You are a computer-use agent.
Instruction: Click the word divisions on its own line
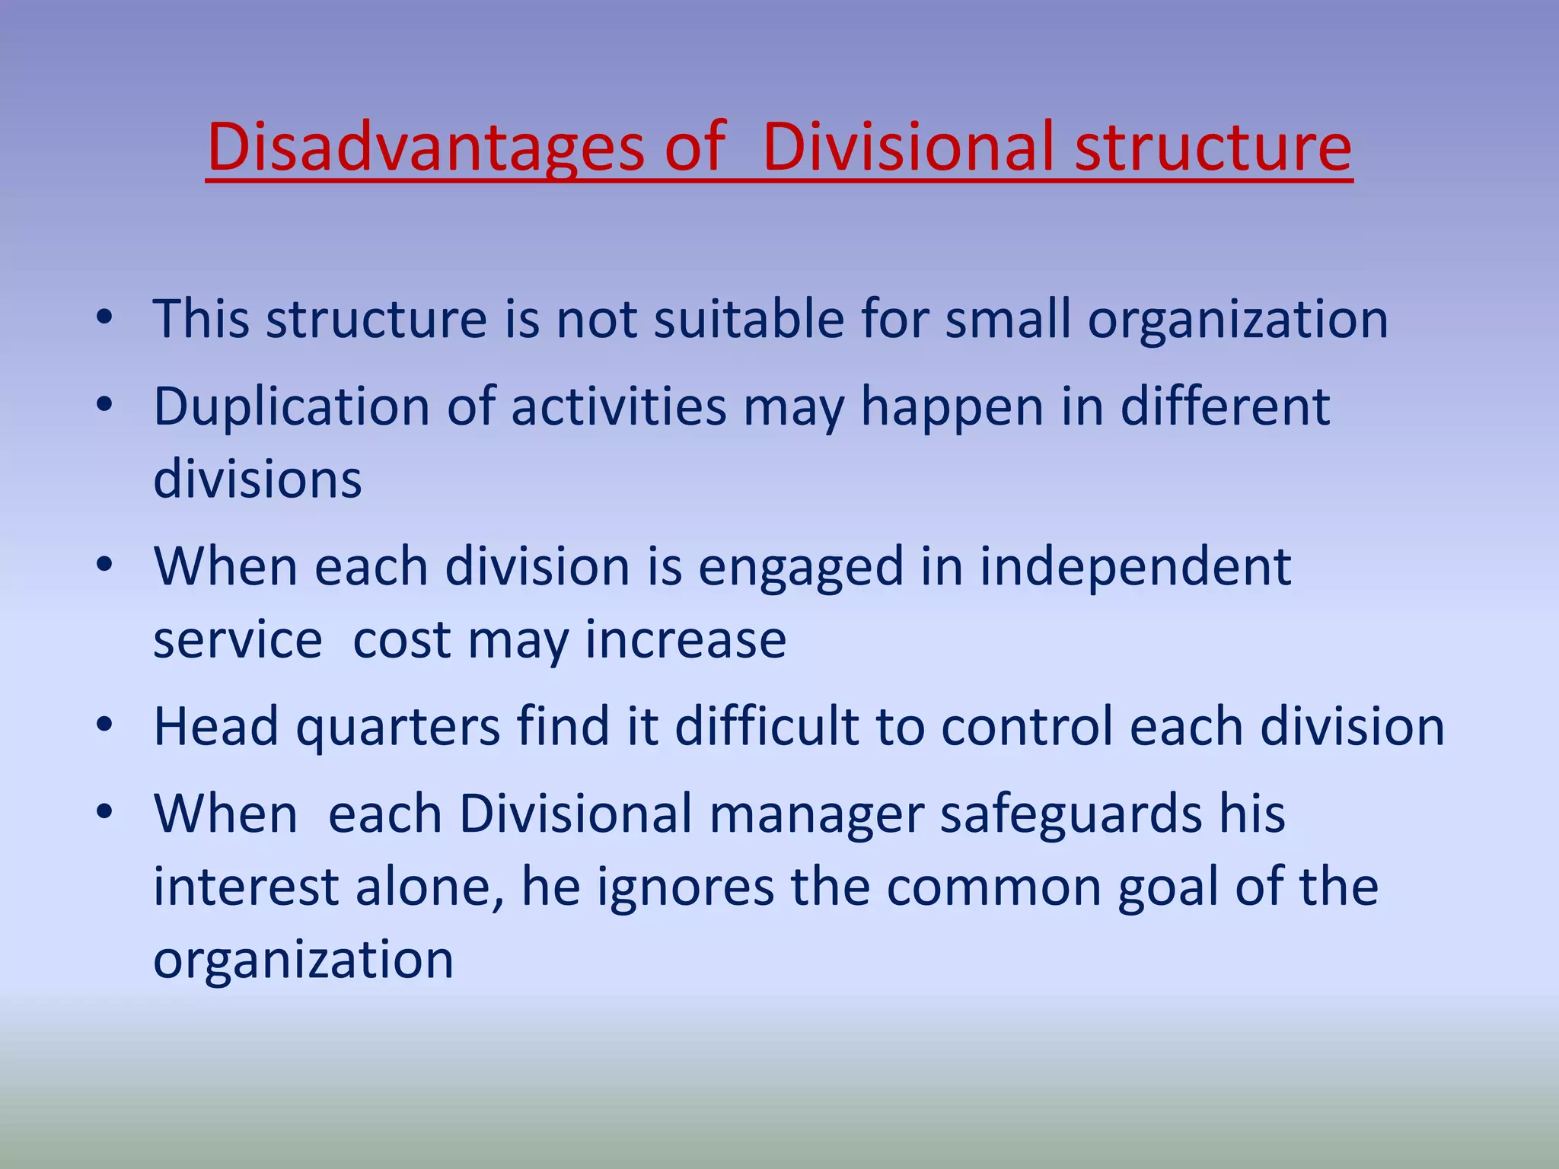coord(257,479)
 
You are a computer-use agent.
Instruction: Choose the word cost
coord(402,640)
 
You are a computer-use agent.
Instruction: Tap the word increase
coord(685,640)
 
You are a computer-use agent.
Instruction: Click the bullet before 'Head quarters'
coord(104,725)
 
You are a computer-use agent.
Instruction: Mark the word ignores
coord(685,888)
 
